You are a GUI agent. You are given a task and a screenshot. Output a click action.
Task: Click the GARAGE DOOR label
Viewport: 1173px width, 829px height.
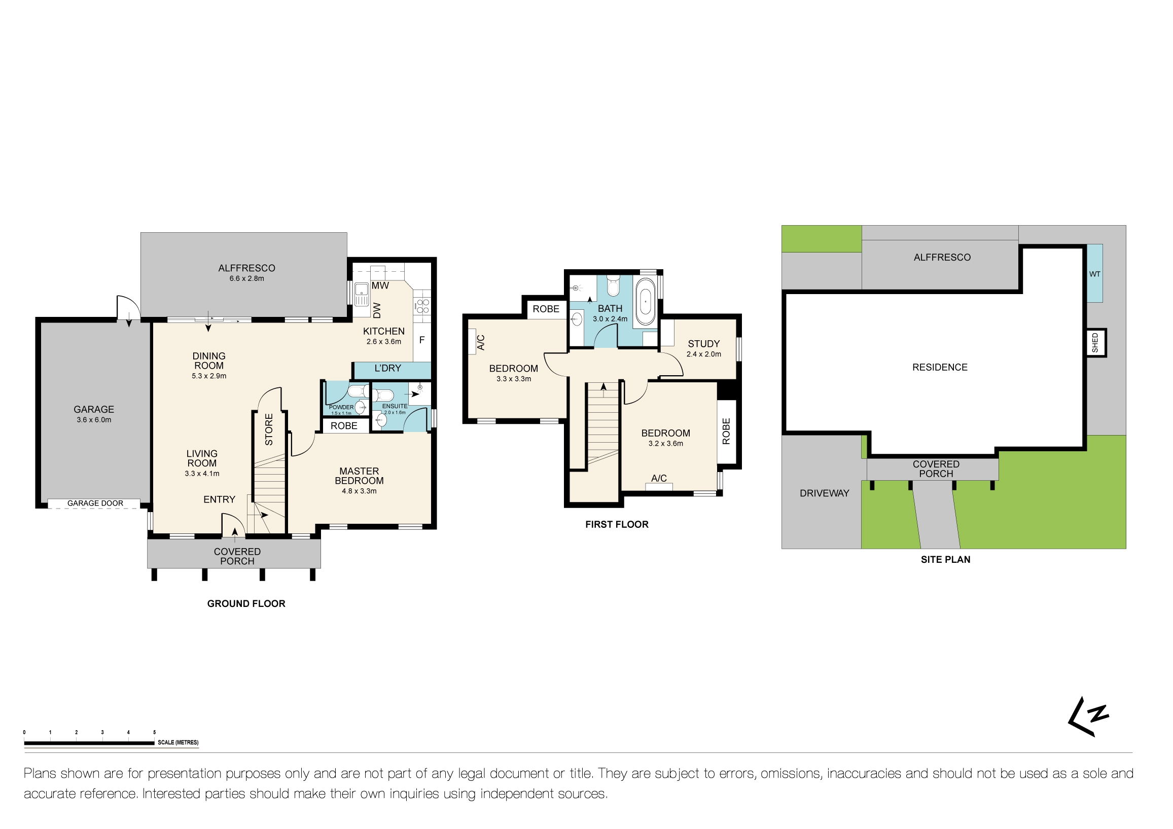95,503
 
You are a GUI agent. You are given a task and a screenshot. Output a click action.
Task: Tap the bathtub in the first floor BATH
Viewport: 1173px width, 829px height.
645,301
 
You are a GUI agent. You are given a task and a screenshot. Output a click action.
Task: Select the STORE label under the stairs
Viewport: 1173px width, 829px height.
269,429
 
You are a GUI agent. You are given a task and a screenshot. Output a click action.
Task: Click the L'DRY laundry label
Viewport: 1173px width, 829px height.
388,368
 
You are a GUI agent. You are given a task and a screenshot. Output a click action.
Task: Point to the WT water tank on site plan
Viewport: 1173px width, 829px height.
1094,274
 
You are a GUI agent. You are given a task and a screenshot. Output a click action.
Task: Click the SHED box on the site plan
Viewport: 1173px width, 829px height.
1095,343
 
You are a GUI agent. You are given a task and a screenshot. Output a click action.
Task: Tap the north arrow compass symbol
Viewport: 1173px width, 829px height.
1088,716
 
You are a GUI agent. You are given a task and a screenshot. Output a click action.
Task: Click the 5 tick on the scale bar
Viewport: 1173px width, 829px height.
154,733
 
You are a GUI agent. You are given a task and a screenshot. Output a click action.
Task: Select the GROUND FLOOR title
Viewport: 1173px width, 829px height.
246,604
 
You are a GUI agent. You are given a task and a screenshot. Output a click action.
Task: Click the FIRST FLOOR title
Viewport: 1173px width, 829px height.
617,525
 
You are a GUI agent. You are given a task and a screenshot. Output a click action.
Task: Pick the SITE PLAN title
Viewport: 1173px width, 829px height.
945,560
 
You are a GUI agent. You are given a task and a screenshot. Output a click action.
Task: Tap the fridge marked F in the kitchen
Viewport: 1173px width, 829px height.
422,340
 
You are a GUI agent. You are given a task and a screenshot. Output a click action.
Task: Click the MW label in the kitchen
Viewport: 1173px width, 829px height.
380,285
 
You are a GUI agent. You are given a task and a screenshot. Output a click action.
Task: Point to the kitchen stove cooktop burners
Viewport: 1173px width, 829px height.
422,306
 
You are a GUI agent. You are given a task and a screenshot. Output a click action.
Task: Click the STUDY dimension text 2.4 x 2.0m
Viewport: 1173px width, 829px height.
703,354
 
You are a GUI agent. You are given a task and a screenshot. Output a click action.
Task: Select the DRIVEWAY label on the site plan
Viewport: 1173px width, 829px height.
824,493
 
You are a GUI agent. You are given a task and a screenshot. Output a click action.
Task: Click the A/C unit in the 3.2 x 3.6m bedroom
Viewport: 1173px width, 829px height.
659,487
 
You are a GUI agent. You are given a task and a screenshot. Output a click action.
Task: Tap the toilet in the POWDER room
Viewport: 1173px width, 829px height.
358,392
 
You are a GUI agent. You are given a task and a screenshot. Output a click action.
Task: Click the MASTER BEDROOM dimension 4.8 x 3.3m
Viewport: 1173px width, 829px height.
359,491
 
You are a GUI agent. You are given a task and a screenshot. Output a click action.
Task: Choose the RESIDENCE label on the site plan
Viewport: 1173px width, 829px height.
940,367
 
